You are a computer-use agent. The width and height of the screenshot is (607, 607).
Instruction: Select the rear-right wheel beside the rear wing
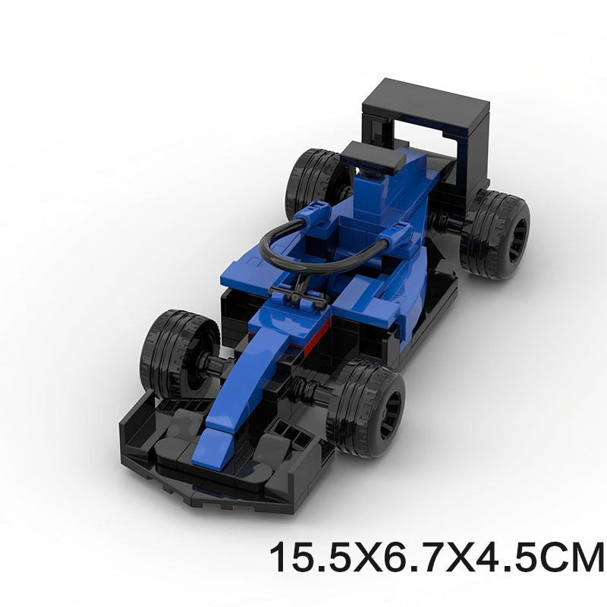point(495,233)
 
